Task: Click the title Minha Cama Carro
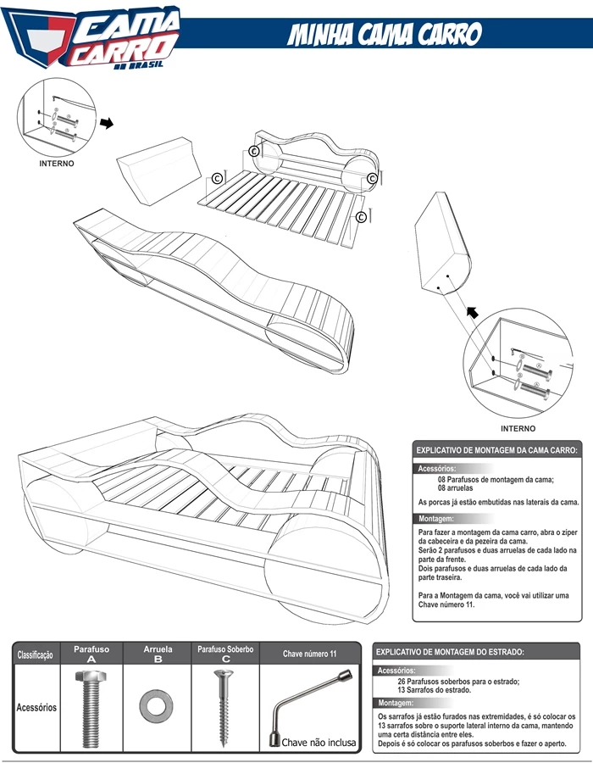tap(385, 35)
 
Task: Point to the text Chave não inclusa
tap(319, 742)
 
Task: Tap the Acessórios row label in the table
tap(36, 706)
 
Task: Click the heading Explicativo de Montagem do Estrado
tap(450, 652)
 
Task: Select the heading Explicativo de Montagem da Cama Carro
tap(496, 451)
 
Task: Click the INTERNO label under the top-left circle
tap(57, 163)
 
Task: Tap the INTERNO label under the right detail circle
tap(518, 428)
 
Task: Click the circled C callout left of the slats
tap(218, 179)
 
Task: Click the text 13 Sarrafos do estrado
tap(434, 691)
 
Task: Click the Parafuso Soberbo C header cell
tap(225, 654)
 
